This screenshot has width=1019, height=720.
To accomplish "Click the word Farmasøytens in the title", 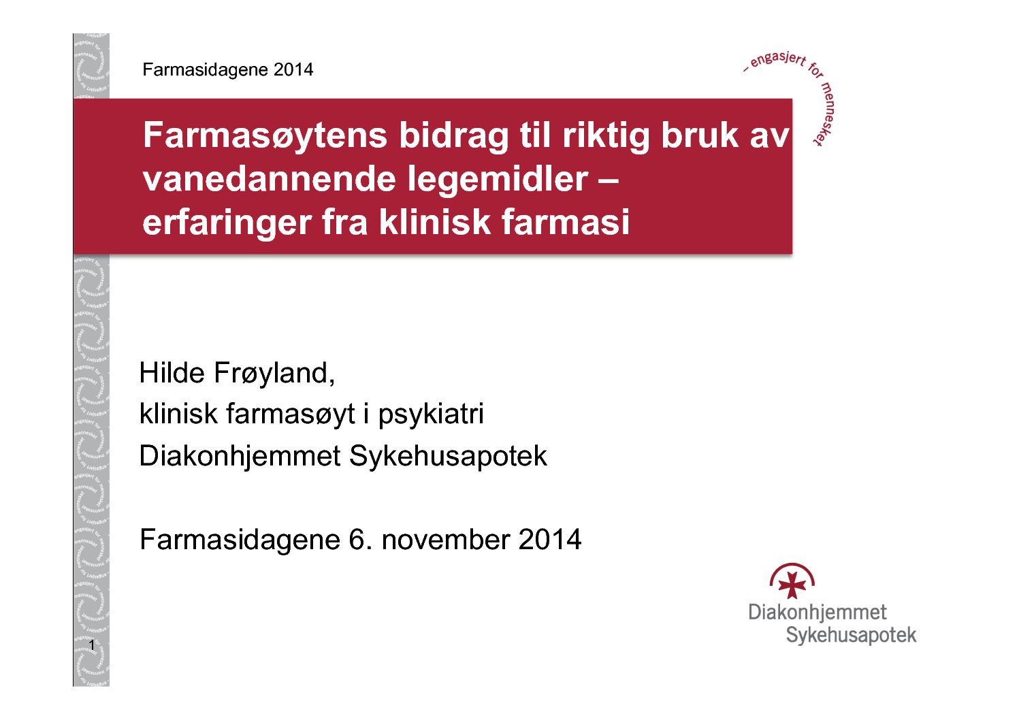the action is (265, 135).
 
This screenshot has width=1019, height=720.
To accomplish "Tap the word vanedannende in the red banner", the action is (270, 179).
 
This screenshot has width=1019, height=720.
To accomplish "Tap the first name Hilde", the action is (172, 373).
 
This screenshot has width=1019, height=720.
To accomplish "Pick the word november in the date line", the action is (446, 540).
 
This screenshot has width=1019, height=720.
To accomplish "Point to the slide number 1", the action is (92, 645).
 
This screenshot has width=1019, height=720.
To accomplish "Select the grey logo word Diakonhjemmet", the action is (818, 612).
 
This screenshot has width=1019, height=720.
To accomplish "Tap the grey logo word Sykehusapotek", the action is (851, 635).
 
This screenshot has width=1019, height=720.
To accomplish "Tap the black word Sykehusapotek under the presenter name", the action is (448, 456).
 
